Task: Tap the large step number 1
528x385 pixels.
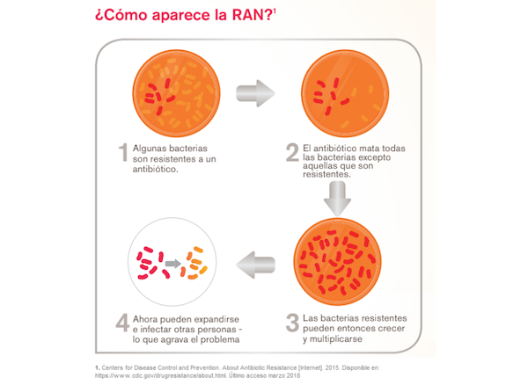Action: pos(123,152)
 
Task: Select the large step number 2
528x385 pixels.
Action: pos(292,152)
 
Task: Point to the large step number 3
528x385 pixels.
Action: pos(292,323)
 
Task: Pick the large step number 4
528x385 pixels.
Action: pos(122,323)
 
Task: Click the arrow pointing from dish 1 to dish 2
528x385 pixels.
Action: pos(255,93)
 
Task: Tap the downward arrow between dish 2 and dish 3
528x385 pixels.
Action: pos(337,199)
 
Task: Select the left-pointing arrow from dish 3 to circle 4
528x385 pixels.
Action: pos(256,265)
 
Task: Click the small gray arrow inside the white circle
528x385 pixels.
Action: pos(173,264)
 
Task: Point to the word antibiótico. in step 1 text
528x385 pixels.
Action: pos(155,169)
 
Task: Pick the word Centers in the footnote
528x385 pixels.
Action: pos(113,367)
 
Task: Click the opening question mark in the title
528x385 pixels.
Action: pos(99,16)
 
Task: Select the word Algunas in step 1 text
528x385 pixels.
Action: pos(150,149)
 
